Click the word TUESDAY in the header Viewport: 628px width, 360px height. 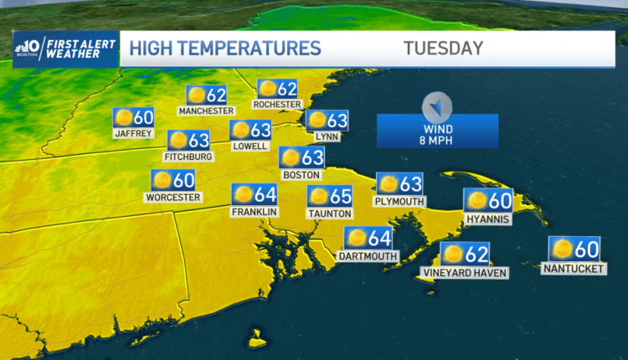443,48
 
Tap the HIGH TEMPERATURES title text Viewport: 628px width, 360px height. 225,48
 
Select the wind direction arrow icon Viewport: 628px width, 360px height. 437,105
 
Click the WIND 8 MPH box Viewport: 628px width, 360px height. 437,131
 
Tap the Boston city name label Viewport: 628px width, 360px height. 301,175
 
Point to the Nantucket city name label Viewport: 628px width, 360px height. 574,269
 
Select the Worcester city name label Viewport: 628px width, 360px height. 173,198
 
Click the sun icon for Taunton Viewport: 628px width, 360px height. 319,196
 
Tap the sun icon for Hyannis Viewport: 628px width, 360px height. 477,200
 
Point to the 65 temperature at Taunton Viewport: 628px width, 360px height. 341,196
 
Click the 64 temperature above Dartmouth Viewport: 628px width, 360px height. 379,239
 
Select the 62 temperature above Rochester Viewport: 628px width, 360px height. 287,88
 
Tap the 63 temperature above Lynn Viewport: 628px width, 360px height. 337,120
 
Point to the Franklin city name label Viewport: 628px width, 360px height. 255,212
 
